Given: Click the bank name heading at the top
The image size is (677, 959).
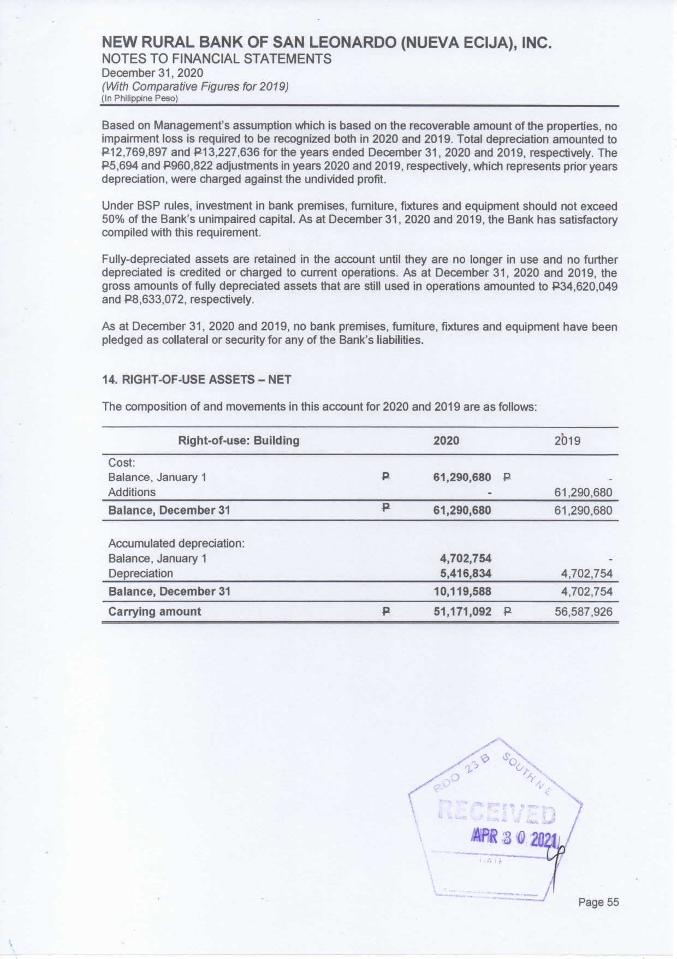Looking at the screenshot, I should click(x=327, y=43).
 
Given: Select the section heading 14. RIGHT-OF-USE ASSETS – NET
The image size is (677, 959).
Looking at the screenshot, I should click(x=197, y=379).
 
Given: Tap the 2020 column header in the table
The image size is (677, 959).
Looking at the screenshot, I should click(x=446, y=440).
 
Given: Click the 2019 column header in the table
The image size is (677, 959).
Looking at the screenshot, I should click(x=567, y=440).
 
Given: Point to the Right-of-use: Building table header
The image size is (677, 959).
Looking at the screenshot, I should click(x=239, y=440).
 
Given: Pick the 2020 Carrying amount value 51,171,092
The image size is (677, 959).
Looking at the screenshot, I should click(x=462, y=611).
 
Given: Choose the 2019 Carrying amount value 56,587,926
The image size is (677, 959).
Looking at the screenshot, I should click(x=583, y=611).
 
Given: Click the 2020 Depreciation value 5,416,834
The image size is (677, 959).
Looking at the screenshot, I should click(x=466, y=573).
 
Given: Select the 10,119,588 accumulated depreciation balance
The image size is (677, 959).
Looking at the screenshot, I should click(x=462, y=591).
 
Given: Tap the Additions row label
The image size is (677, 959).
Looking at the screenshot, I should click(x=132, y=492).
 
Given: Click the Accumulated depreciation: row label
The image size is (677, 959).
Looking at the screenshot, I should click(x=176, y=543).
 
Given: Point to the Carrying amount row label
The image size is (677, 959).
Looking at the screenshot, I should click(x=155, y=611).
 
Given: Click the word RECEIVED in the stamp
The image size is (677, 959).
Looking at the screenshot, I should click(x=497, y=814).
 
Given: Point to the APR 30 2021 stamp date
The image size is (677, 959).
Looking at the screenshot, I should click(x=514, y=837).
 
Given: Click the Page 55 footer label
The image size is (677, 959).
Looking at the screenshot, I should click(x=598, y=902).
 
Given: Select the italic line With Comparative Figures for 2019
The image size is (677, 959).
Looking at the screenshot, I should click(x=195, y=86).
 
